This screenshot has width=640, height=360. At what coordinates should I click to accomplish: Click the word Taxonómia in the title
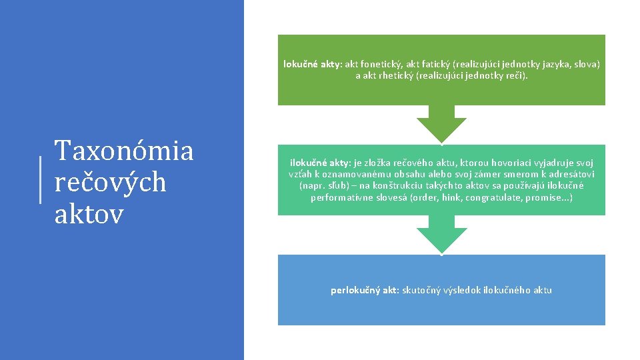point(124,151)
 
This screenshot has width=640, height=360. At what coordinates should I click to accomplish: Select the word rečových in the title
point(110,181)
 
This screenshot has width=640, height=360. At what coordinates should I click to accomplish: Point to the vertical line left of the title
point(41,180)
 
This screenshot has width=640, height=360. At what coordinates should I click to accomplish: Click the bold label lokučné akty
point(311,65)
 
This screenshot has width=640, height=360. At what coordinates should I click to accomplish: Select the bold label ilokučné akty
point(319,163)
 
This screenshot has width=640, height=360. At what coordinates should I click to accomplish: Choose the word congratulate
point(494,198)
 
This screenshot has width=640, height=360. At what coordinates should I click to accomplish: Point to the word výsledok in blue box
point(469,290)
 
